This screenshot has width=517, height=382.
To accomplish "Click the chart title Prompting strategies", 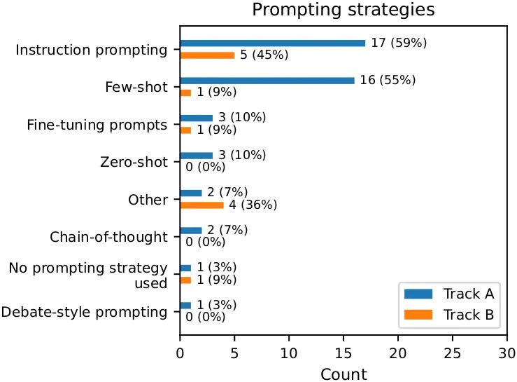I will pyautogui.click(x=343, y=10).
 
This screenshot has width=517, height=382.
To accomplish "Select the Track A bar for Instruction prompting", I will pyautogui.click(x=273, y=43).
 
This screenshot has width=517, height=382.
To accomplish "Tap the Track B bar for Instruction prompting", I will pyautogui.click(x=207, y=55).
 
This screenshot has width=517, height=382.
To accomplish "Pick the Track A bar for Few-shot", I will pyautogui.click(x=267, y=80).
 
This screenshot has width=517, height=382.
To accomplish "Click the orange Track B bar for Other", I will pyautogui.click(x=202, y=205).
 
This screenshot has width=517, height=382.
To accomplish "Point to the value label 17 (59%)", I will pyautogui.click(x=399, y=43).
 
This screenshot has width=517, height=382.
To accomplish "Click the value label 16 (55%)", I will pyautogui.click(x=388, y=80).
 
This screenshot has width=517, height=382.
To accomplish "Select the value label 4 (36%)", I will pyautogui.click(x=253, y=205).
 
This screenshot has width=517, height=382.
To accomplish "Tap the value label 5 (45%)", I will pyautogui.click(x=264, y=55).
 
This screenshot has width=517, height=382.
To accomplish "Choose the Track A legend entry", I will pyautogui.click(x=448, y=294).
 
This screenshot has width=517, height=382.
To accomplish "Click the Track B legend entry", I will pyautogui.click(x=448, y=315).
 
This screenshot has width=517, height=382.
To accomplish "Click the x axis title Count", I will pyautogui.click(x=343, y=374).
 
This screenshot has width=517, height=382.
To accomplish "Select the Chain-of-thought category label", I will pyautogui.click(x=108, y=237).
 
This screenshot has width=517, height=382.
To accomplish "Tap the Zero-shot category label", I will pyautogui.click(x=134, y=162).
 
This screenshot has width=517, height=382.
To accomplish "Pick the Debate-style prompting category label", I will pyautogui.click(x=85, y=312).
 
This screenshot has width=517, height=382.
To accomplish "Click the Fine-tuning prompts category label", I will pyautogui.click(x=97, y=125).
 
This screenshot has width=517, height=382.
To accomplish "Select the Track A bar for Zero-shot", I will pyautogui.click(x=197, y=156).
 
